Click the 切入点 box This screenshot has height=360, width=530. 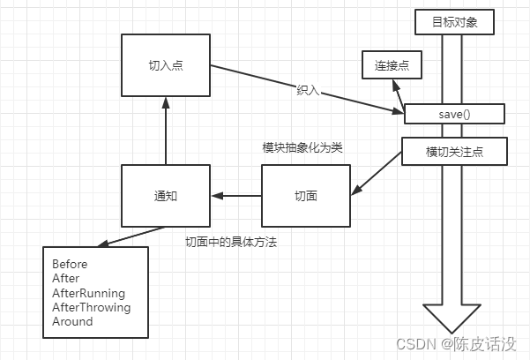click(x=166, y=64)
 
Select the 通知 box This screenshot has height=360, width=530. click(x=166, y=193)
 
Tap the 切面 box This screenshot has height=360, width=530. click(x=306, y=194)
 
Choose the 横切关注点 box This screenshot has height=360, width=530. click(x=454, y=152)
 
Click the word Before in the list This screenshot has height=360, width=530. click(x=70, y=264)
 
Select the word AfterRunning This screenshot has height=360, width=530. click(x=88, y=293)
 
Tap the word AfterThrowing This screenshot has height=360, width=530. click(x=91, y=307)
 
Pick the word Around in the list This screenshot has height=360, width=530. click(x=72, y=321)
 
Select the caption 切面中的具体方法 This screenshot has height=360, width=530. click(x=230, y=242)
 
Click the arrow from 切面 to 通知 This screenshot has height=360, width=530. click(x=236, y=194)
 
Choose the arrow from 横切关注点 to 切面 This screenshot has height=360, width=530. click(x=377, y=176)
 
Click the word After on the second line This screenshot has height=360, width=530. click(x=66, y=278)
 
